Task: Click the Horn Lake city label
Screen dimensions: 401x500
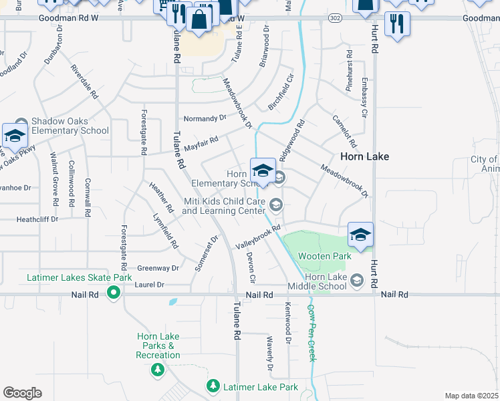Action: pyautogui.click(x=364, y=156)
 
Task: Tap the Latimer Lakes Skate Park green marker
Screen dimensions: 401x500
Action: pyautogui.click(x=114, y=291)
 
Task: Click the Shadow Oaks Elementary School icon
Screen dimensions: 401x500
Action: pyautogui.click(x=15, y=136)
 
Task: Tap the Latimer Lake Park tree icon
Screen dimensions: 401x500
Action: pyautogui.click(x=213, y=386)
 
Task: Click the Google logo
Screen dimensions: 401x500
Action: pyautogui.click(x=22, y=392)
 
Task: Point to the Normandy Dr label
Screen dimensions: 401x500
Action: pyautogui.click(x=205, y=118)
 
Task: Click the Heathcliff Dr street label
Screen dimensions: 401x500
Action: pyautogui.click(x=37, y=219)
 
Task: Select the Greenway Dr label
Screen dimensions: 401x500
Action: pyautogui.click(x=158, y=268)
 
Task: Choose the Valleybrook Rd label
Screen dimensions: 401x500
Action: pyautogui.click(x=257, y=239)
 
